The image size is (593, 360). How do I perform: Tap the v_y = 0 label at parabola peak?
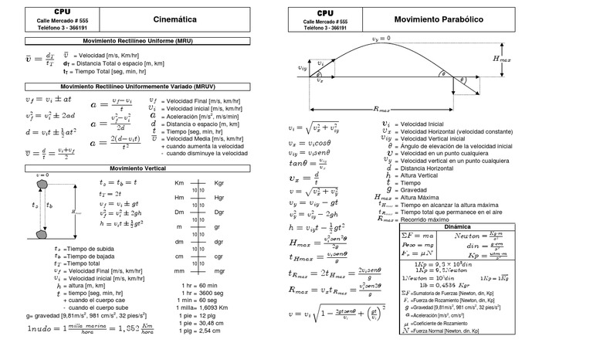(381, 39)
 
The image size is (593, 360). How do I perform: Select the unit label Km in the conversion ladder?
(179, 182)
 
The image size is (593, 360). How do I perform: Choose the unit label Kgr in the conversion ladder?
(219, 182)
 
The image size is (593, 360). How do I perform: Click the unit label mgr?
(219, 271)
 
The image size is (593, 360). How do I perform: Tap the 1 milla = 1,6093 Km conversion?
(203, 307)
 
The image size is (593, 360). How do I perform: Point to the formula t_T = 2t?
(111, 193)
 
